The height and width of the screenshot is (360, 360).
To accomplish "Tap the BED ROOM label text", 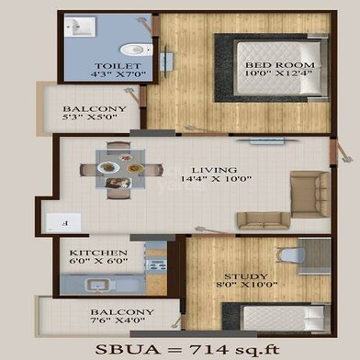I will [281, 65].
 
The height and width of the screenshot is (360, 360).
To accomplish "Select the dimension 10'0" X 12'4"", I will [281, 75].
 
